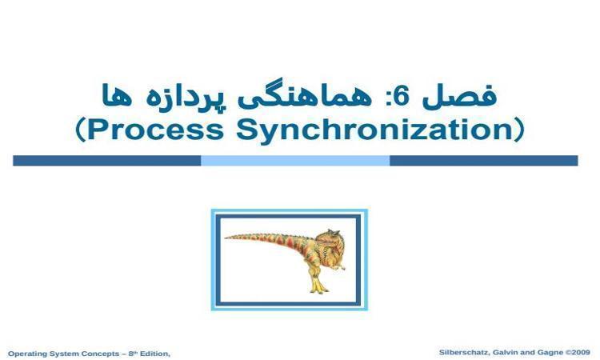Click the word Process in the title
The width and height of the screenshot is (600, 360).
[155, 130]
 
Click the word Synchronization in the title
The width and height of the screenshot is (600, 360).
[375, 130]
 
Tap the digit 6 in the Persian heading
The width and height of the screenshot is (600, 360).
[402, 97]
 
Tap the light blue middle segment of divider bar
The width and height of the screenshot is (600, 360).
[295, 161]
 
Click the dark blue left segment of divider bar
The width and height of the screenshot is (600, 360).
[106, 161]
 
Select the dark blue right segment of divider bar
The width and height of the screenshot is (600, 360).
[484, 161]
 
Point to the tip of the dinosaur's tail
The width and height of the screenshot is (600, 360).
[225, 238]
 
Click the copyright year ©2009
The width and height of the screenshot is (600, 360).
[578, 352]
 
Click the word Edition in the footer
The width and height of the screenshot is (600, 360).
[154, 354]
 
